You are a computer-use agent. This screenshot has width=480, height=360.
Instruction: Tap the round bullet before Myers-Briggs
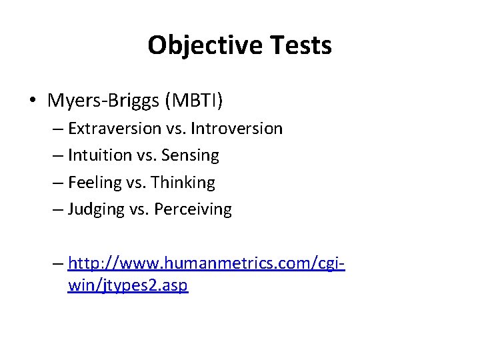(33, 101)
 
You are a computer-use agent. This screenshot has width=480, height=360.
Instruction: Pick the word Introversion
(242, 128)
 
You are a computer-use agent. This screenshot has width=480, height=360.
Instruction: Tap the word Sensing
(191, 155)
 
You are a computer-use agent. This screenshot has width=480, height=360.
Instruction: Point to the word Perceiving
(193, 210)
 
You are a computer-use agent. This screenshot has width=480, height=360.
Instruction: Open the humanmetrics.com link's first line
(206, 263)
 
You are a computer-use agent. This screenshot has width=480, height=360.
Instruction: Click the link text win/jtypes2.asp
(128, 286)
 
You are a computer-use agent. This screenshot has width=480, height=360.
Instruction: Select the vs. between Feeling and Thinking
(138, 183)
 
